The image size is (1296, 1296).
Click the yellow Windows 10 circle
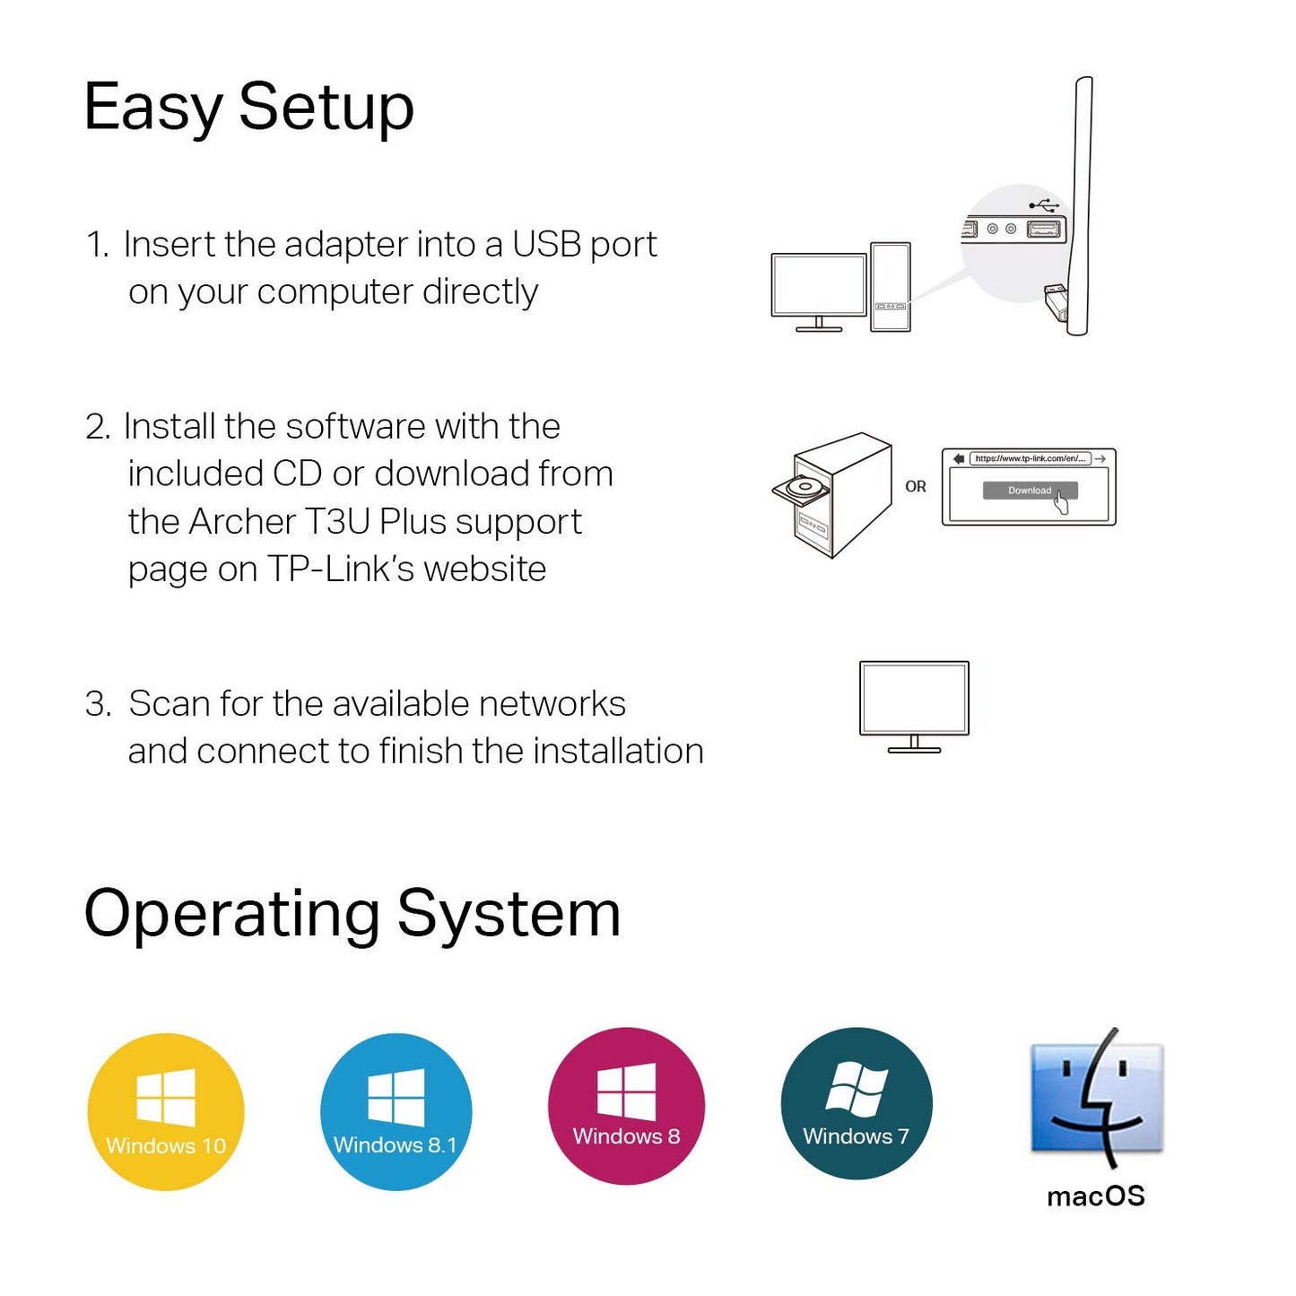(166, 1112)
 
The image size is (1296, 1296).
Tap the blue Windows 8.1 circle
(396, 1112)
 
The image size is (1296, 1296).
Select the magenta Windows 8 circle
(626, 1106)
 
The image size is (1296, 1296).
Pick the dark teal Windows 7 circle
(857, 1103)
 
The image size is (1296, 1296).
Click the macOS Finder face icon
(1096, 1099)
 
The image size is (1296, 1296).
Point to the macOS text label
(1096, 1196)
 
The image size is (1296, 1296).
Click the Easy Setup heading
(248, 108)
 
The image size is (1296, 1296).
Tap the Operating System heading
(352, 914)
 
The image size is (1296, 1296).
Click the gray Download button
(1030, 491)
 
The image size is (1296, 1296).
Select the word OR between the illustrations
(915, 486)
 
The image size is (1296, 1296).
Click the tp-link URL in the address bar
(1030, 458)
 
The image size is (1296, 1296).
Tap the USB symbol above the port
(1044, 204)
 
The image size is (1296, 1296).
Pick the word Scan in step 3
(169, 704)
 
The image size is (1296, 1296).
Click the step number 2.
(96, 427)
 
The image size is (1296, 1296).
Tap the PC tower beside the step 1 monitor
(890, 287)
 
